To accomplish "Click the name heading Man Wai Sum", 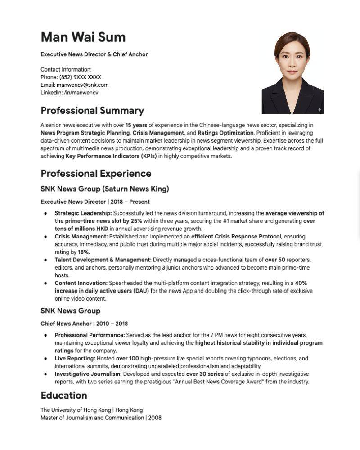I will pyautogui.click(x=83, y=37).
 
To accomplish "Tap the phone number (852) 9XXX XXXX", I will pyautogui.click(x=80, y=77).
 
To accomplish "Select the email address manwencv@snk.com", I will pyautogui.click(x=82, y=85).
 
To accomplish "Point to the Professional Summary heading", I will pyautogui.click(x=92, y=111).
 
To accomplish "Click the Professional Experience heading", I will pyautogui.click(x=96, y=174).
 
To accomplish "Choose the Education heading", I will pyautogui.click(x=63, y=396).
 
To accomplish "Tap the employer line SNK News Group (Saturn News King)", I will pyautogui.click(x=105, y=189).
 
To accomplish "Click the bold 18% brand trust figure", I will pyautogui.click(x=83, y=252).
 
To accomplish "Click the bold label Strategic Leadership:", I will pyautogui.click(x=83, y=213).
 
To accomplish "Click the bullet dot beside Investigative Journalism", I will pyautogui.click(x=45, y=374).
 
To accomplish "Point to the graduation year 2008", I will pyautogui.click(x=155, y=418).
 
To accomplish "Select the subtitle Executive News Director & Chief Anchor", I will pyautogui.click(x=94, y=54).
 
